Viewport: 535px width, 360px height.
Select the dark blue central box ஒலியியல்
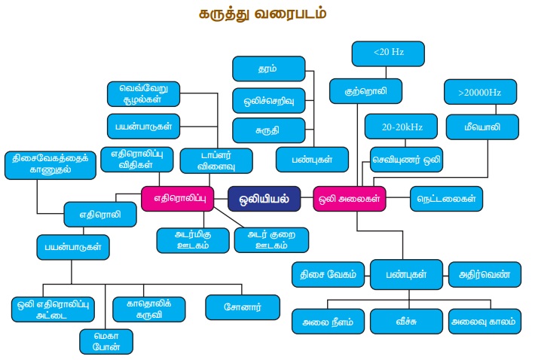264,199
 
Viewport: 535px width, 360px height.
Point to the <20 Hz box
388,53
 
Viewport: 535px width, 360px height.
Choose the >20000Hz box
478,92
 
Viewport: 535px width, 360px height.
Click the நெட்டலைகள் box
446,199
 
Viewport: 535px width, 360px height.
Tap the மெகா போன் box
106,341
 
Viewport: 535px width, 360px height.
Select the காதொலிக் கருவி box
147,309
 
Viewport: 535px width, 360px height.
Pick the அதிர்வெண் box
485,274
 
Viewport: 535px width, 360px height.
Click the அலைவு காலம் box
484,321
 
